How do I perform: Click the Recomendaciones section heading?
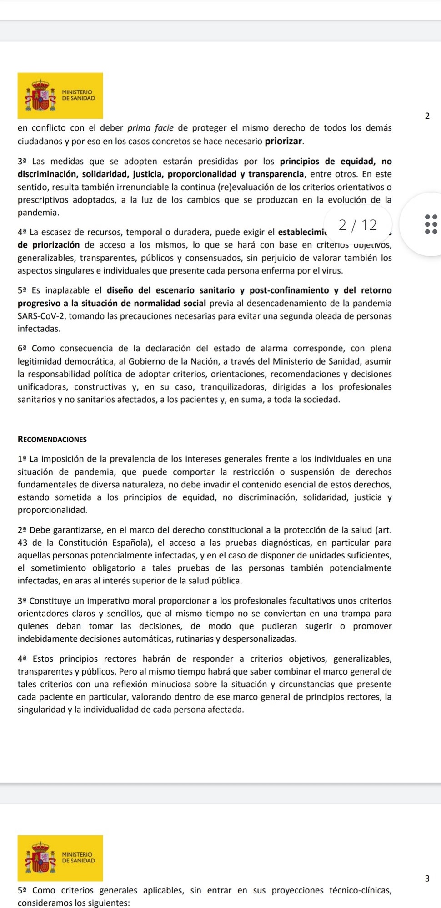click(52, 439)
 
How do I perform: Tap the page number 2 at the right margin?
click(427, 116)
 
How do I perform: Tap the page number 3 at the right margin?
click(427, 878)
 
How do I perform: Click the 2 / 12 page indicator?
click(358, 225)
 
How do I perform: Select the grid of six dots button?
click(431, 224)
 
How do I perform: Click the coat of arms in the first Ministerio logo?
click(40, 95)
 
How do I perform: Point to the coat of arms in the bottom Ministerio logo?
click(40, 857)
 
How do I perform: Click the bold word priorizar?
click(284, 141)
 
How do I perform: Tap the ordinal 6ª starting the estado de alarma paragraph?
click(23, 349)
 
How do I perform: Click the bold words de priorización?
click(49, 245)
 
